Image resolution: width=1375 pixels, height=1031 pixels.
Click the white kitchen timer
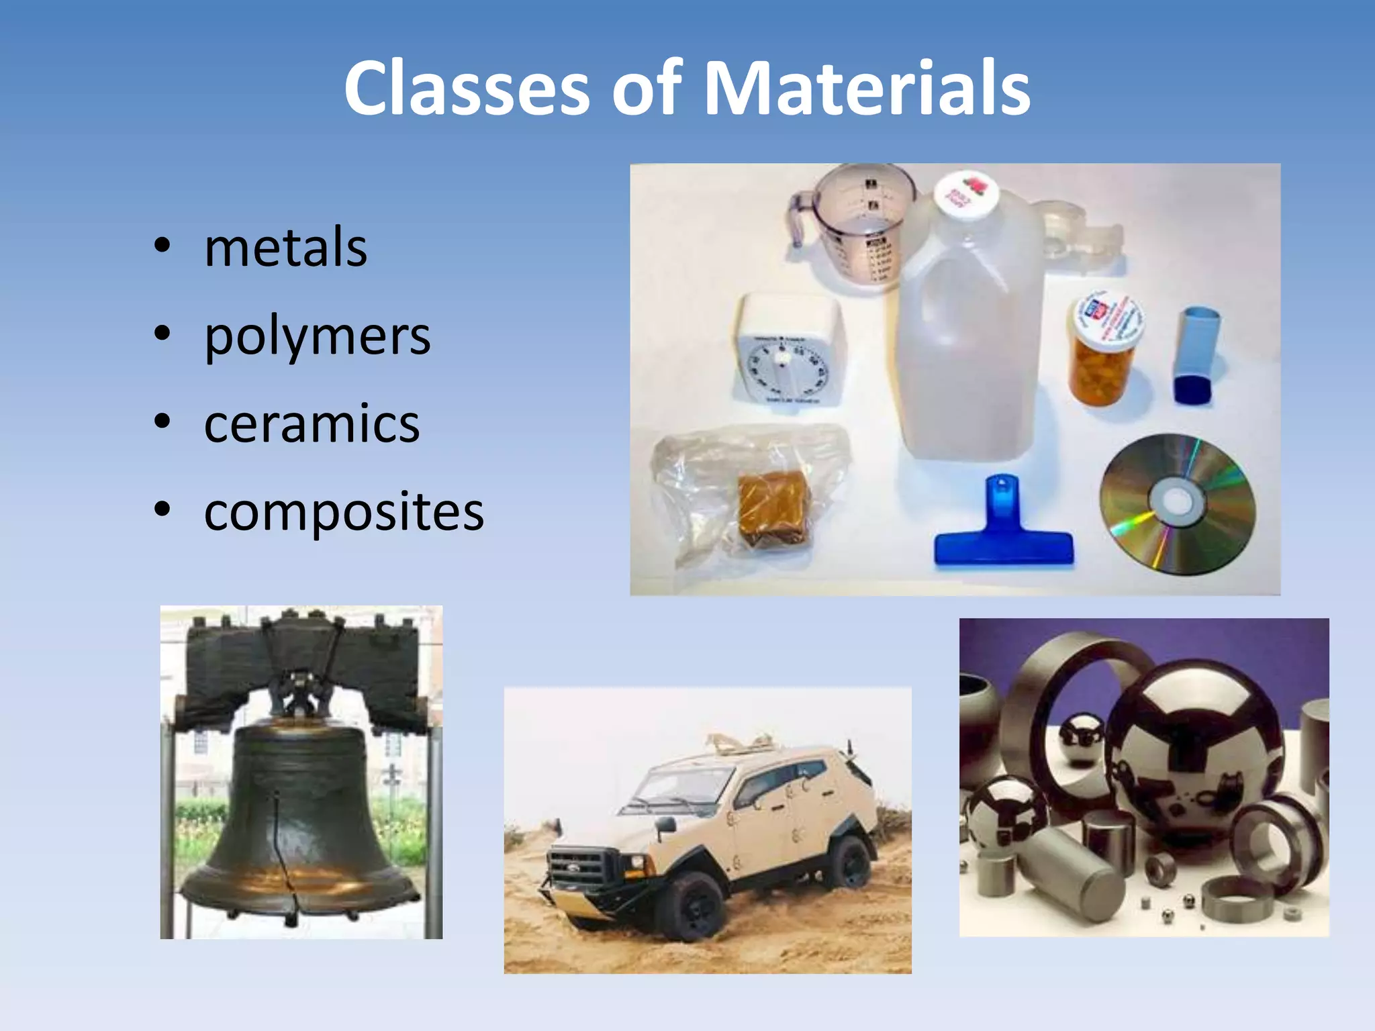[790, 352]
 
